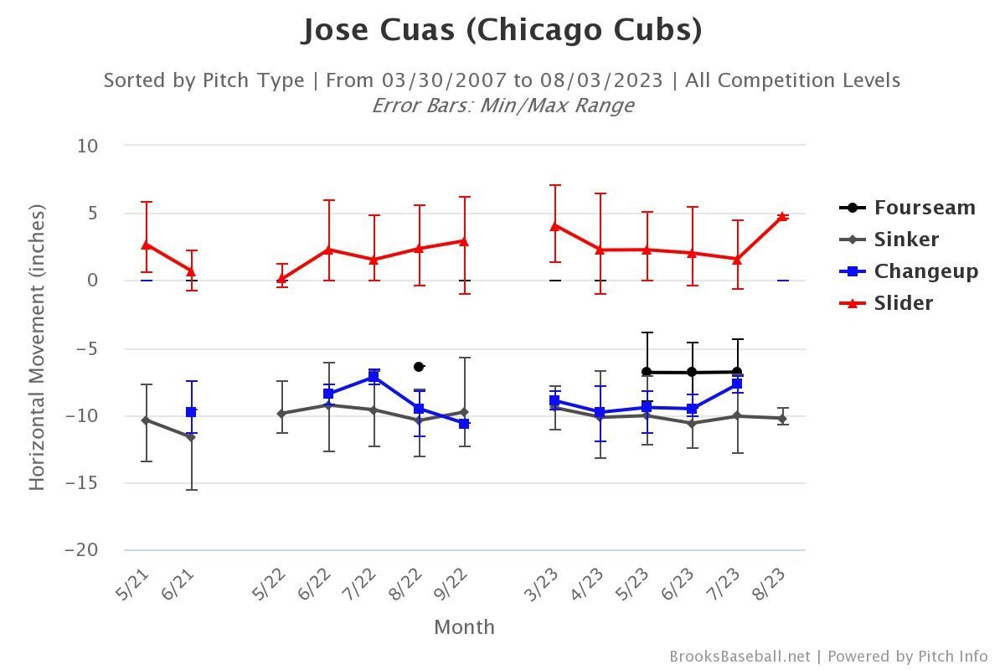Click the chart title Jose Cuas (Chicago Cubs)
click(x=502, y=30)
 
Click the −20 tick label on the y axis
click(x=82, y=550)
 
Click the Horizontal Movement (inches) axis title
click(x=36, y=348)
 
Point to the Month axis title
click(x=464, y=627)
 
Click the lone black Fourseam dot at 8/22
click(x=419, y=367)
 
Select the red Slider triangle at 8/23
click(x=782, y=216)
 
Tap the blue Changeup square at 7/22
click(x=374, y=376)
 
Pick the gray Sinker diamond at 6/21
click(x=191, y=437)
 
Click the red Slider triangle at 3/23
click(x=554, y=225)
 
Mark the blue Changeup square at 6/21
click(x=191, y=412)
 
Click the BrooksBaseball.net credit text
click(x=740, y=657)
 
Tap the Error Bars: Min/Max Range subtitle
click(x=502, y=106)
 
